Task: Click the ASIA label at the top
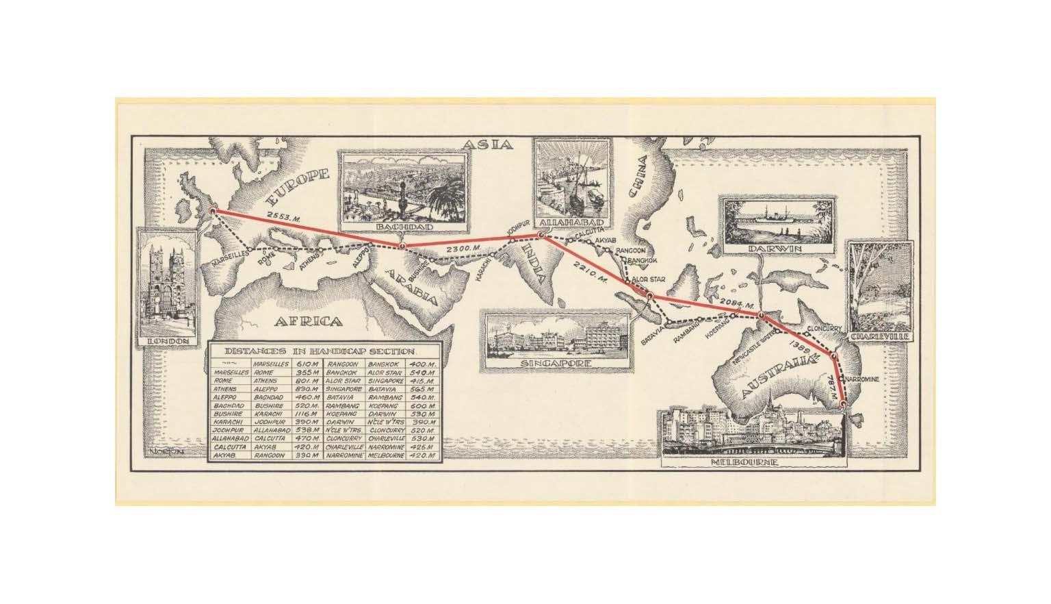tap(487, 144)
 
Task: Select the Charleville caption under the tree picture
tap(881, 338)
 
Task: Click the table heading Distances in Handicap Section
tap(326, 350)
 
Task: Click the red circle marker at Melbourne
tap(844, 404)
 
